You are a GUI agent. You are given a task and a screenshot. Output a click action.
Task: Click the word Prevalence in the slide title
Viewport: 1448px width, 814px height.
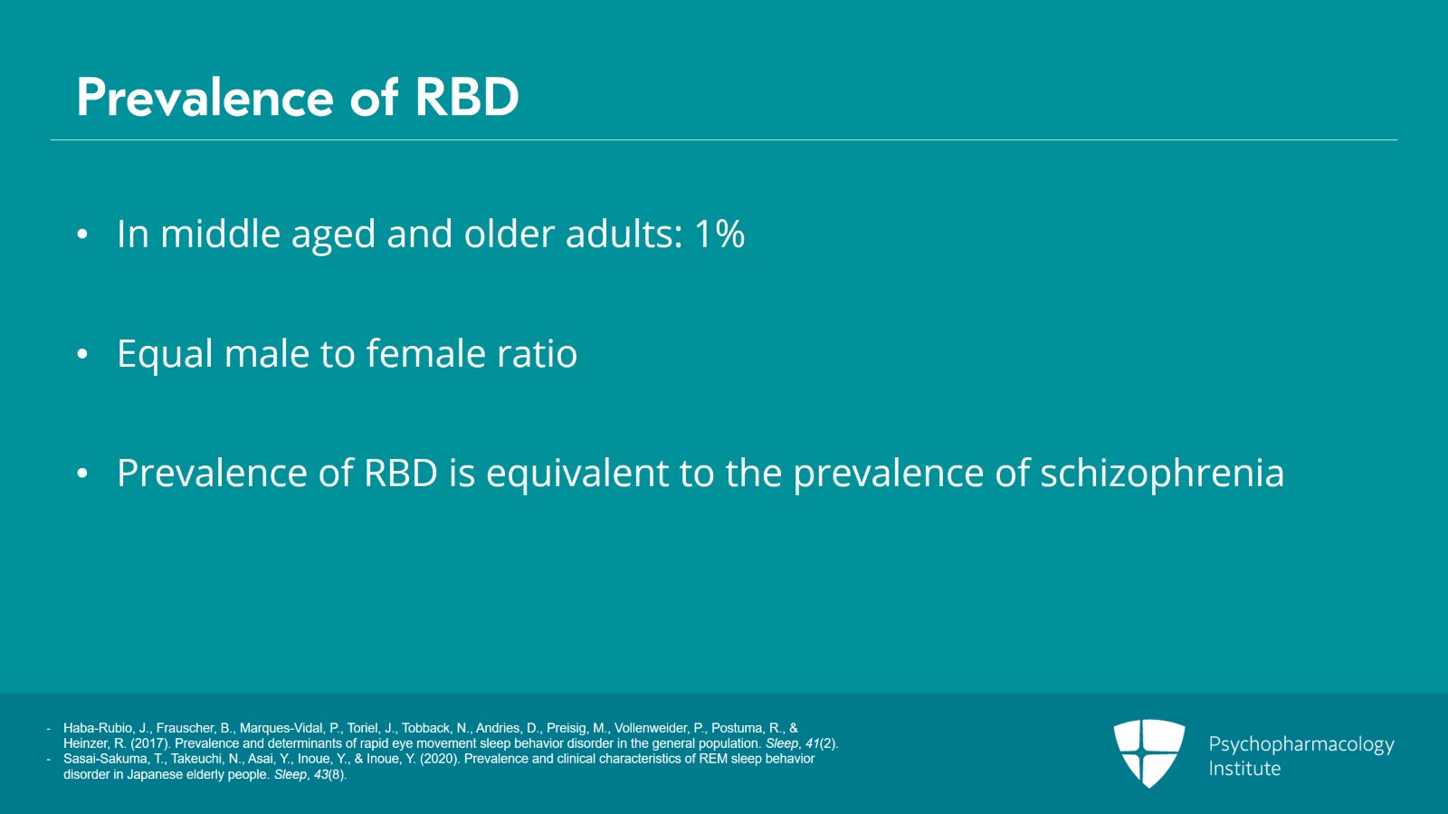[x=205, y=98]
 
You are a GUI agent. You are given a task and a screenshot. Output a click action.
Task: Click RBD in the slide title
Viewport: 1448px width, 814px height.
[x=467, y=98]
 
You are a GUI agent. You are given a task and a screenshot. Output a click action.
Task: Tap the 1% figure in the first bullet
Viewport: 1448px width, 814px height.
[x=719, y=234]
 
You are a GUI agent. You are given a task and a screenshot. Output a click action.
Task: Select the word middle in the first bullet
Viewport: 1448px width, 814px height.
[x=221, y=234]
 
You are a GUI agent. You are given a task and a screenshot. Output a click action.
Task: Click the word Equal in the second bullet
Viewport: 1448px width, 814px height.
[x=165, y=354]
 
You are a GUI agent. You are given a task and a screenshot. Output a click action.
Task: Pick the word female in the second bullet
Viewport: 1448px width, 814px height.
[x=426, y=353]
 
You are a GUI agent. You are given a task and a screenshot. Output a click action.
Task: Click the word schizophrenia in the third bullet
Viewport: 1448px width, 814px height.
[x=1162, y=473]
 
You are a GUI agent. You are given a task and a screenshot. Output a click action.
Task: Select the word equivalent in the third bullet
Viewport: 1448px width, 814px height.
[x=577, y=473]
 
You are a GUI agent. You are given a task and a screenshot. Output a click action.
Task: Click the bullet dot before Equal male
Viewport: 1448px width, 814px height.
[x=82, y=354]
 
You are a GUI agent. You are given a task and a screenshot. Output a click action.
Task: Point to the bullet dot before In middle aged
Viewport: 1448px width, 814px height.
[x=82, y=234]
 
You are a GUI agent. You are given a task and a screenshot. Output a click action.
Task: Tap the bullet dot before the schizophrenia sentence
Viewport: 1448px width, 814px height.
[x=82, y=474]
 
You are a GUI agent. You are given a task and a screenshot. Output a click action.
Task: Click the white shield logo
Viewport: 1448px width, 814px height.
[x=1149, y=753]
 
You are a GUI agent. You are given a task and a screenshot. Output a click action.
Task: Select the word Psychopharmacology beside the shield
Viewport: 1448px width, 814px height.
[x=1301, y=744]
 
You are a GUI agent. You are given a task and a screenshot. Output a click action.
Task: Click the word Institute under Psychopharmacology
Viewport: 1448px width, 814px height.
[x=1244, y=769]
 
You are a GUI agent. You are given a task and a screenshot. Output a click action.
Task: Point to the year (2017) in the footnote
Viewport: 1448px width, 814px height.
[x=150, y=743]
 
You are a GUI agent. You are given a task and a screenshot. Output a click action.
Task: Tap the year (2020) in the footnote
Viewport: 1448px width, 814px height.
[x=440, y=759]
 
